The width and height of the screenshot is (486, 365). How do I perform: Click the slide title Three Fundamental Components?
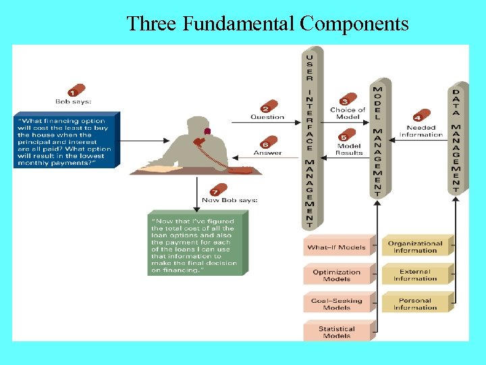click(x=267, y=24)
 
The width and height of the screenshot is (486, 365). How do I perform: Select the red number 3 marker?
click(x=348, y=100)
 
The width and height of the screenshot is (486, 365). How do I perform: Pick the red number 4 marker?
click(x=421, y=117)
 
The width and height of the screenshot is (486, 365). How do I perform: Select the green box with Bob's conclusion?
click(x=196, y=243)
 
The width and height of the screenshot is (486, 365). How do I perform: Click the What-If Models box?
click(x=337, y=247)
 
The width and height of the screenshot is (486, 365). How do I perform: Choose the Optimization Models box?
click(x=337, y=275)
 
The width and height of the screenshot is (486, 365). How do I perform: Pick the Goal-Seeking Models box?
click(x=337, y=303)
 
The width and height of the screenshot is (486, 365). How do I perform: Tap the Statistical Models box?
click(x=337, y=332)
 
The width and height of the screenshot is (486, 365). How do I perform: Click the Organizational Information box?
click(x=414, y=247)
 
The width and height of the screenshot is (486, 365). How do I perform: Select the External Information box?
click(x=414, y=275)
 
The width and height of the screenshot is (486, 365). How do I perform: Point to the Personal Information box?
click(x=414, y=303)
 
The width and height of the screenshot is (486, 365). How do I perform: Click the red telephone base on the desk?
click(x=240, y=170)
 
